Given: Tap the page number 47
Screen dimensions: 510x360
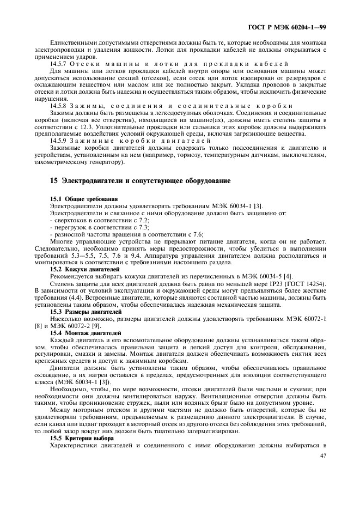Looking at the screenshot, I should pos(322,456).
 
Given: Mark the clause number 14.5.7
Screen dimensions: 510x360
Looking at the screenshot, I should pos(59,64).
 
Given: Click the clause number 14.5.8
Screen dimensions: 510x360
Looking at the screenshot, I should pos(59,106).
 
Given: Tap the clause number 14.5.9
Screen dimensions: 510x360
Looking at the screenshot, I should pos(59,141).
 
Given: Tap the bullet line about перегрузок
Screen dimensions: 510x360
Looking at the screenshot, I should pos(91,227).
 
